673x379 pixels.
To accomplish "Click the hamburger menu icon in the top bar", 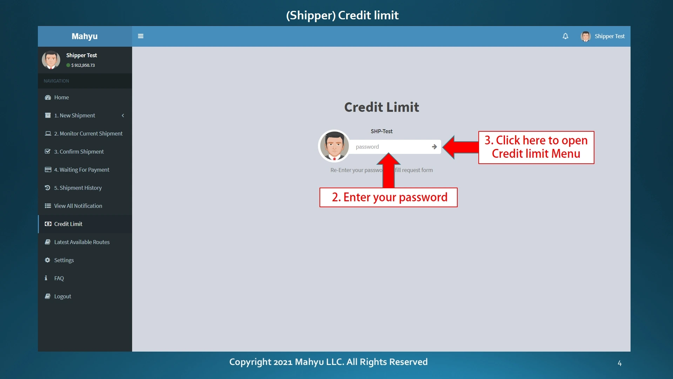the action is tap(141, 36).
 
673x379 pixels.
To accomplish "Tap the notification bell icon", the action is tap(565, 36).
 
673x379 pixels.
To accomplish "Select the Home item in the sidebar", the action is tap(61, 97).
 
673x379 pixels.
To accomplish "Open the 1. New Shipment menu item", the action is tap(74, 116).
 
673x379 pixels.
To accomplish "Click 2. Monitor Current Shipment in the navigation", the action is tap(88, 133).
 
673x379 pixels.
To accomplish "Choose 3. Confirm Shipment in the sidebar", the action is tap(79, 152).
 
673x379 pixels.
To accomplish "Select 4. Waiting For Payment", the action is tap(82, 170).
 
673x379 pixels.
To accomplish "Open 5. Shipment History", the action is tap(78, 188).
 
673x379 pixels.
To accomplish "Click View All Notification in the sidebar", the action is tap(78, 206).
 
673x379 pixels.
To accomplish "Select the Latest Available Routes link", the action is tap(82, 242).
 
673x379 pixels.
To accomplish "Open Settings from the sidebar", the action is tap(64, 260).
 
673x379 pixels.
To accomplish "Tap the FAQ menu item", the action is tap(59, 278).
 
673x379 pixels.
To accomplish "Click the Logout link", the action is tap(62, 296).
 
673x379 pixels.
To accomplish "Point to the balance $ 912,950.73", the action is tap(83, 65).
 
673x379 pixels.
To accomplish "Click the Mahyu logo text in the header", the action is tap(85, 36).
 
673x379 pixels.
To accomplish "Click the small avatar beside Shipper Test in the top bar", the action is tap(585, 36).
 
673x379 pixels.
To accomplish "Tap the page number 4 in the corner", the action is tap(620, 363).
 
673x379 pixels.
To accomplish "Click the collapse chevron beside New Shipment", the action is tap(123, 116).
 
